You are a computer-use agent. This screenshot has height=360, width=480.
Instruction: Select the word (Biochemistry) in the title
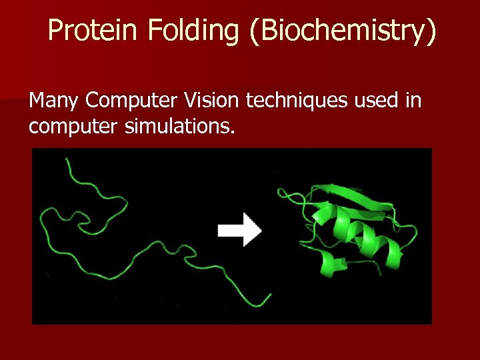343,32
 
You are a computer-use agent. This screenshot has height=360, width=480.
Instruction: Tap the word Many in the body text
54,101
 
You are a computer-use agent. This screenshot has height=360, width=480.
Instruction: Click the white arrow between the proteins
240,231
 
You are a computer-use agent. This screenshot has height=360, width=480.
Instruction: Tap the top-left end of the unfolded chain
67,158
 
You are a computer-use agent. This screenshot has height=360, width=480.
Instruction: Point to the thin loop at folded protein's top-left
287,195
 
